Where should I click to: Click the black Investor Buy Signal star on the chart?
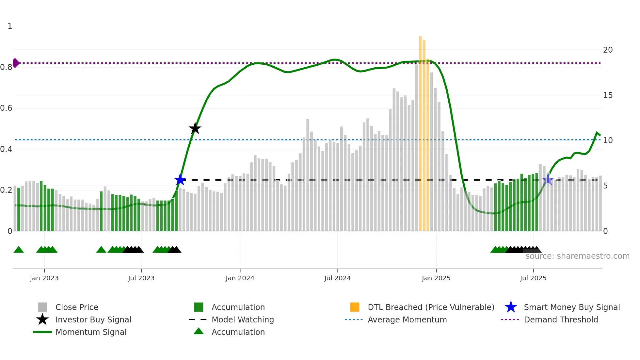pos(195,128)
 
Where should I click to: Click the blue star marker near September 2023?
pos(180,180)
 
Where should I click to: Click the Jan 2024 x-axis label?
pos(240,278)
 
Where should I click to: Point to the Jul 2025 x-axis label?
pos(533,278)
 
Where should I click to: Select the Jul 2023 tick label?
pos(141,278)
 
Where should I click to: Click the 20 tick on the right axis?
pos(608,50)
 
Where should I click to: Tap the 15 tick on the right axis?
pos(608,95)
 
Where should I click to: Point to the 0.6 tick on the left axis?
pos(6,108)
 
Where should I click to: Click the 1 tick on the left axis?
pos(10,26)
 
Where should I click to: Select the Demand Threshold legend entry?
pos(561,319)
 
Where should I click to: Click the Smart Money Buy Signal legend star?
pos(511,307)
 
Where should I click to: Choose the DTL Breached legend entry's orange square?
pos(355,307)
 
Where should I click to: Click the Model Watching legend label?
pos(243,319)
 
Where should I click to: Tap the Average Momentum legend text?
pos(407,319)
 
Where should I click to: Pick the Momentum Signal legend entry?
pos(91,332)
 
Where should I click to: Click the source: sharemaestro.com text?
pos(577,256)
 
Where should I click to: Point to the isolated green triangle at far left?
pos(19,250)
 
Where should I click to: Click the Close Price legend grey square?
pos(42,307)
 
